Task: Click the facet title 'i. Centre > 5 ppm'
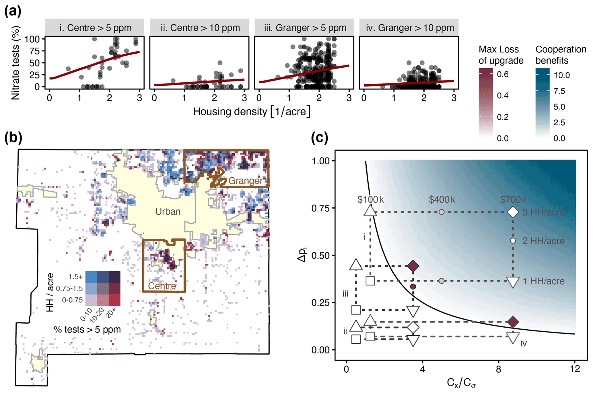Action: [x=95, y=28]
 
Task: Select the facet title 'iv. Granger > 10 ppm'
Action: [x=410, y=28]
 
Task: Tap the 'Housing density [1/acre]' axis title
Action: [x=251, y=111]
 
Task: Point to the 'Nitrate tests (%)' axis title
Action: [x=16, y=63]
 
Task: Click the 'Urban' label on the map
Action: [x=168, y=211]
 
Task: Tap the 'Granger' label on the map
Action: [x=245, y=181]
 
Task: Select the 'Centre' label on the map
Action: [x=162, y=286]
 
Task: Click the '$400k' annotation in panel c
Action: [x=442, y=199]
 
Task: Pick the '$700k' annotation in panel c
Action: [x=513, y=199]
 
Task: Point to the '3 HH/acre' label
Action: [x=543, y=212]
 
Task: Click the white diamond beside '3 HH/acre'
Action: [x=513, y=212]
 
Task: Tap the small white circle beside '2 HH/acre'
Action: [x=513, y=241]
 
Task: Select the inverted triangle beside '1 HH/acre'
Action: [x=513, y=282]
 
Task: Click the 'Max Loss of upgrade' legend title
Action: [x=501, y=55]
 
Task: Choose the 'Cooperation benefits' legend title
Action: [x=561, y=55]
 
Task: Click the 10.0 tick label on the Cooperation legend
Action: [x=561, y=75]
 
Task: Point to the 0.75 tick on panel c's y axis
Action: [x=320, y=208]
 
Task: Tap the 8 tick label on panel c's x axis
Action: [x=499, y=369]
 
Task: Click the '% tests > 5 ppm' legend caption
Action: [x=87, y=329]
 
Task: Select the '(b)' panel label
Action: [x=13, y=138]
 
